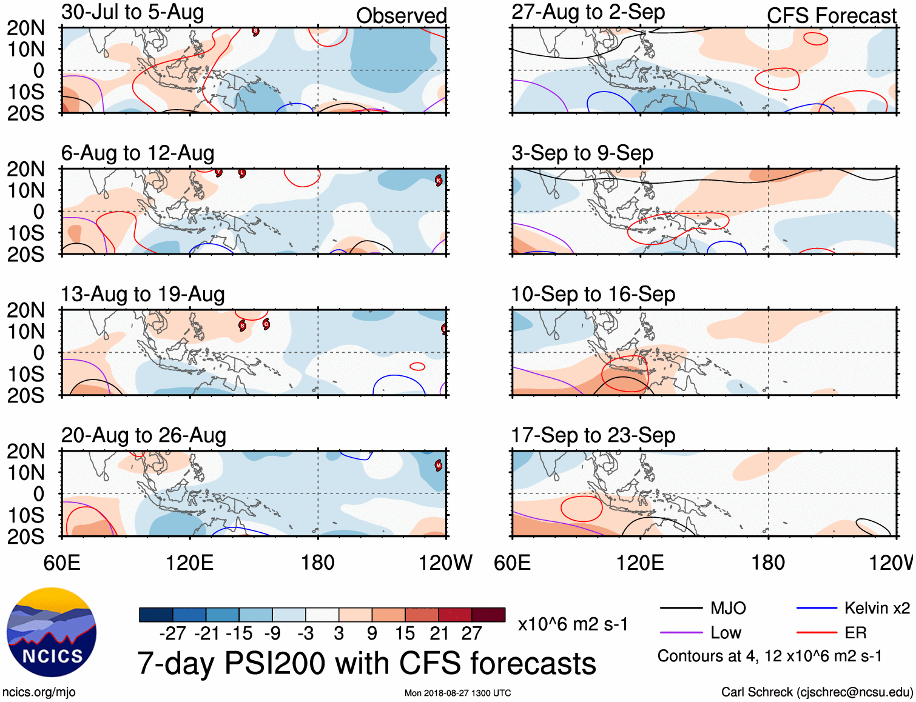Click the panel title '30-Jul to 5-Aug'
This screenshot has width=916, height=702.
click(132, 12)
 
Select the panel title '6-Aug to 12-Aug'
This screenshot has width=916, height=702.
click(138, 153)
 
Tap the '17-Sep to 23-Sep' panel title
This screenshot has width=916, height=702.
click(593, 435)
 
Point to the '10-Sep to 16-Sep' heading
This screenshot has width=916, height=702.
click(593, 295)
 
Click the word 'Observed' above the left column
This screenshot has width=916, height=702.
click(401, 16)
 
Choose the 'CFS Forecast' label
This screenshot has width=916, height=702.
click(831, 16)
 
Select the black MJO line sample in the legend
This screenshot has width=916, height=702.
click(681, 608)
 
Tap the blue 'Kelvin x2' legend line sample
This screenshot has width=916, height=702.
click(817, 608)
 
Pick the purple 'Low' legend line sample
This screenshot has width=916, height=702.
click(681, 633)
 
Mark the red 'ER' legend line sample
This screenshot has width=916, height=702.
click(817, 633)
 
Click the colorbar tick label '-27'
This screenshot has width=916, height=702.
click(173, 633)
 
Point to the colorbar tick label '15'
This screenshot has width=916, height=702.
click(405, 633)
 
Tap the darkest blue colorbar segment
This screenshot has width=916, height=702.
click(156, 615)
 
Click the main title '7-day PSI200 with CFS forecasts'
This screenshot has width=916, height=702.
click(366, 663)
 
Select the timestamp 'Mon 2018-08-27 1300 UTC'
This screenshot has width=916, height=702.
click(457, 693)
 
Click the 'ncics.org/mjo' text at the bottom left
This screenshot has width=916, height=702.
click(39, 692)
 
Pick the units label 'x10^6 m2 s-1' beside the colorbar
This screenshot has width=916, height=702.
click(573, 624)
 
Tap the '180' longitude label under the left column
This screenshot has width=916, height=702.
click(318, 563)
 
